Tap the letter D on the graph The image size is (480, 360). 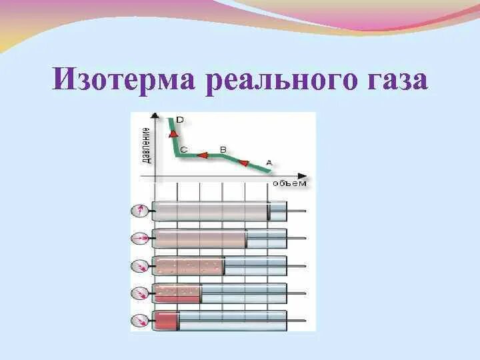(180, 120)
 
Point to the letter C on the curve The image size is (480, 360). (183, 150)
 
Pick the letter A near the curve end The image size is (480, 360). (269, 161)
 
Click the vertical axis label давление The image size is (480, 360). (145, 143)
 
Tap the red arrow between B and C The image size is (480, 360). (202, 155)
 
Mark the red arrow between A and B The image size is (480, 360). (244, 163)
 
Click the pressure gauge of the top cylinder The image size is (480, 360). (140, 211)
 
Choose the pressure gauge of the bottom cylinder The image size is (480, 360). (140, 321)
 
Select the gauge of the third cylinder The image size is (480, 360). (140, 266)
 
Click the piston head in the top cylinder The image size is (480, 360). (269, 211)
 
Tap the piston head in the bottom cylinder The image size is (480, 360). (179, 321)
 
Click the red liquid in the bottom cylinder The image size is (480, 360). (165, 321)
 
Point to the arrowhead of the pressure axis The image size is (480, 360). (155, 115)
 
